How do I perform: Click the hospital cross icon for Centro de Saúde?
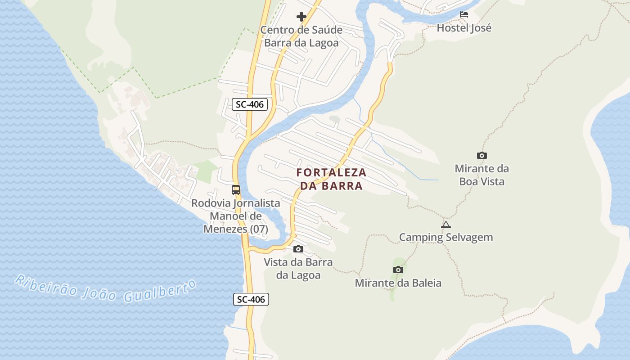tap(301, 17)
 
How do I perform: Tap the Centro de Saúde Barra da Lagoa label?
tap(301, 36)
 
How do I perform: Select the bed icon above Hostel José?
tap(464, 14)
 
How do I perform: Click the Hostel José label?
tap(464, 28)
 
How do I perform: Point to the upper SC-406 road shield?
tap(250, 104)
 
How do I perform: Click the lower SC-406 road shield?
tap(251, 299)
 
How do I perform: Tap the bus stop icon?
tap(236, 190)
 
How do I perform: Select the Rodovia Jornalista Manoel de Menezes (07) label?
tap(236, 216)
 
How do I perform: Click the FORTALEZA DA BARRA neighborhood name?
tap(332, 179)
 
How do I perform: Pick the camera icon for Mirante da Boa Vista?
tap(482, 156)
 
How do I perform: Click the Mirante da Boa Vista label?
tap(481, 175)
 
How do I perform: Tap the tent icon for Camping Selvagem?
tap(446, 225)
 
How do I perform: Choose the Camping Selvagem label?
tap(446, 237)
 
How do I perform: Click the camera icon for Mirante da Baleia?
tap(398, 270)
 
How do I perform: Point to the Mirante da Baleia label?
tap(398, 283)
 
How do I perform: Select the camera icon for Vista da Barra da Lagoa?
tap(298, 249)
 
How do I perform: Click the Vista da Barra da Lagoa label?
tap(298, 269)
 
